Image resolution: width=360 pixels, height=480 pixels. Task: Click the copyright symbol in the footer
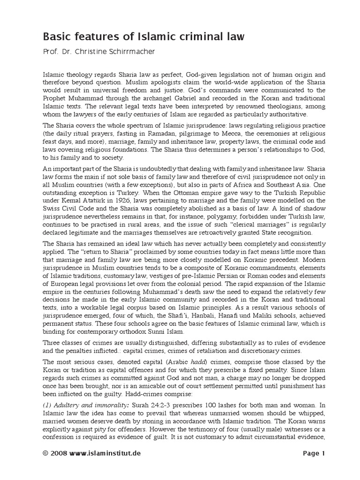45,453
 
